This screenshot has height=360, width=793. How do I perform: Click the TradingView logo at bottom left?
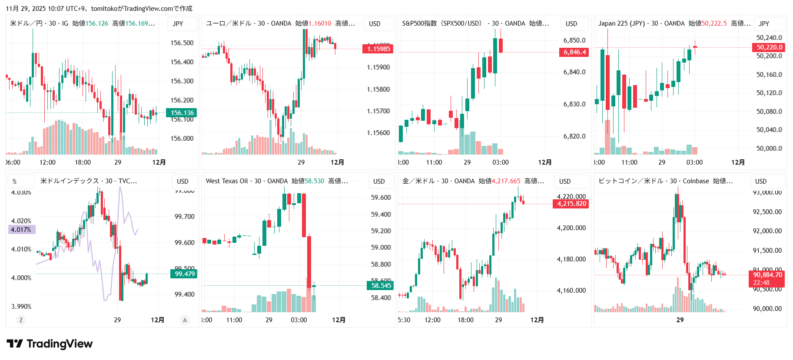tap(50, 344)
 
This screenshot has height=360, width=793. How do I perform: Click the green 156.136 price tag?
tap(182, 113)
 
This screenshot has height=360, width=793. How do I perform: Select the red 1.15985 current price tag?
tap(378, 49)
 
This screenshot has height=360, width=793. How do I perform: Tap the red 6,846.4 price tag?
tap(574, 53)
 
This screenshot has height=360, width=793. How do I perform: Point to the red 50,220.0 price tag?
tap(769, 47)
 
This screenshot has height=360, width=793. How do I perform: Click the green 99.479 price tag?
tap(185, 274)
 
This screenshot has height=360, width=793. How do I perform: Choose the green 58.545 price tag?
tap(381, 286)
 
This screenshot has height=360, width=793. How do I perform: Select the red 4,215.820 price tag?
tap(571, 204)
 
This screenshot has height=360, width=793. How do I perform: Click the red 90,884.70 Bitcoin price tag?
tap(767, 278)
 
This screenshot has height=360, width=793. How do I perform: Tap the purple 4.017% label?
tap(21, 230)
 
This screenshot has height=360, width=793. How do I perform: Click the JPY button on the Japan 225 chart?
tap(764, 24)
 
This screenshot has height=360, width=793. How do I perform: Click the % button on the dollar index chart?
tap(15, 182)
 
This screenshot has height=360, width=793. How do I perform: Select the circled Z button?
tap(21, 320)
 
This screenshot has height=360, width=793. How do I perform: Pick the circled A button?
tap(185, 320)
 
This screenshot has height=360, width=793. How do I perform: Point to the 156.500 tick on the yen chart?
tap(182, 43)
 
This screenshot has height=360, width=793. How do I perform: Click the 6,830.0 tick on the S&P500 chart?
tap(574, 104)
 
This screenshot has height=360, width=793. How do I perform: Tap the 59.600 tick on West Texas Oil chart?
tap(381, 198)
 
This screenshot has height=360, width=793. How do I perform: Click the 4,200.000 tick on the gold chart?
tap(571, 228)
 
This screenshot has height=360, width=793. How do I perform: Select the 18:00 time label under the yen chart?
tap(83, 162)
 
